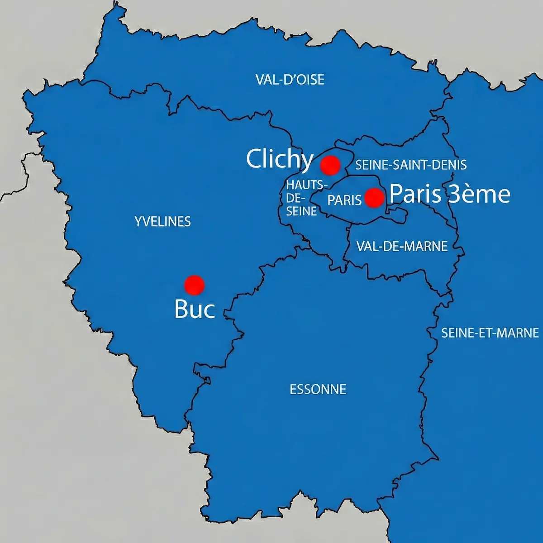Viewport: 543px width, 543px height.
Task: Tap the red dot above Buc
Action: point(195,285)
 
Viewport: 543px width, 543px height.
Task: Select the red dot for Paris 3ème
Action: point(374,198)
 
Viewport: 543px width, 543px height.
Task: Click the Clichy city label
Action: point(280,159)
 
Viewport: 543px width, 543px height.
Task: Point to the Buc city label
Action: point(194,310)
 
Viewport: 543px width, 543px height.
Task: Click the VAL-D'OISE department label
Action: point(290,80)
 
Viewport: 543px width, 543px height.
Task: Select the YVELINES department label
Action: point(162,222)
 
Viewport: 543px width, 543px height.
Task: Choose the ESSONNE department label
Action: point(318,389)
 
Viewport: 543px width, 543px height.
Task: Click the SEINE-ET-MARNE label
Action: point(490,333)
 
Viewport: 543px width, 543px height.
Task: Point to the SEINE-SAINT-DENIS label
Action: point(411,165)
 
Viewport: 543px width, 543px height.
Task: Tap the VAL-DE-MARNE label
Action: point(402,246)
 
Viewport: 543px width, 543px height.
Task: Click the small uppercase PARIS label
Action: point(344,200)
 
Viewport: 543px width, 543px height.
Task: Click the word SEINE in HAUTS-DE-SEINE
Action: point(301,211)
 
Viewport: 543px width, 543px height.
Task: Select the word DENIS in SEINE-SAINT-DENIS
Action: point(450,165)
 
